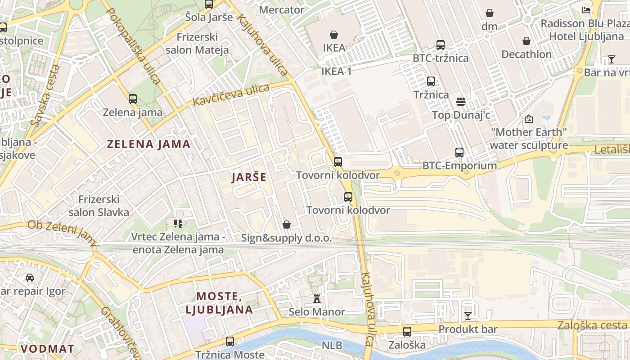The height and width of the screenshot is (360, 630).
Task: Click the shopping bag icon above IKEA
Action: click(334, 35)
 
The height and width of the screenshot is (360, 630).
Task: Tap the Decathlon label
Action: click(526, 54)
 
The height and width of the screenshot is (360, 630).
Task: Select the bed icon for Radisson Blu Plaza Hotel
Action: click(586, 10)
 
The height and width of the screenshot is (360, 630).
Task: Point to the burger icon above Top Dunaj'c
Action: click(460, 102)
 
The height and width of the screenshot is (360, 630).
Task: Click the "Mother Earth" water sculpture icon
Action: click(529, 119)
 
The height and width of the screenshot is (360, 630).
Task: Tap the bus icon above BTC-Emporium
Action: click(459, 153)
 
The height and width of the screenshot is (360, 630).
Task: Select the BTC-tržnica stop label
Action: click(441, 58)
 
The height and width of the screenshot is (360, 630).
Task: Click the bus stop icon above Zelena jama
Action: click(132, 99)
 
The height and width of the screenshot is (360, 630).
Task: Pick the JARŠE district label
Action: click(249, 177)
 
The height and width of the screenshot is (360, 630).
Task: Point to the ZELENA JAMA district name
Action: click(148, 144)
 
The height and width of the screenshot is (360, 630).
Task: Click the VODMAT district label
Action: click(47, 349)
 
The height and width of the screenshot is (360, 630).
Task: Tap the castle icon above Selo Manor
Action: click(317, 299)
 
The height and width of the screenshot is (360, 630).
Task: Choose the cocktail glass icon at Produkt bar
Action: click(468, 316)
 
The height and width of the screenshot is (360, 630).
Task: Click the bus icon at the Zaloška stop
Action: click(407, 332)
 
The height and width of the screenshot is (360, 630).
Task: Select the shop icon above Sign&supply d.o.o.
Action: click(286, 225)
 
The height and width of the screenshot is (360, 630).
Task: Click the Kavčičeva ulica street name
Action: click(231, 95)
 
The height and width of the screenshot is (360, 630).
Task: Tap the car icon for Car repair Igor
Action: click(30, 278)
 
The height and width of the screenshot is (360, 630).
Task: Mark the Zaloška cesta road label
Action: click(592, 325)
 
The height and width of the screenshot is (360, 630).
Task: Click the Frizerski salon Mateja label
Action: click(197, 44)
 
